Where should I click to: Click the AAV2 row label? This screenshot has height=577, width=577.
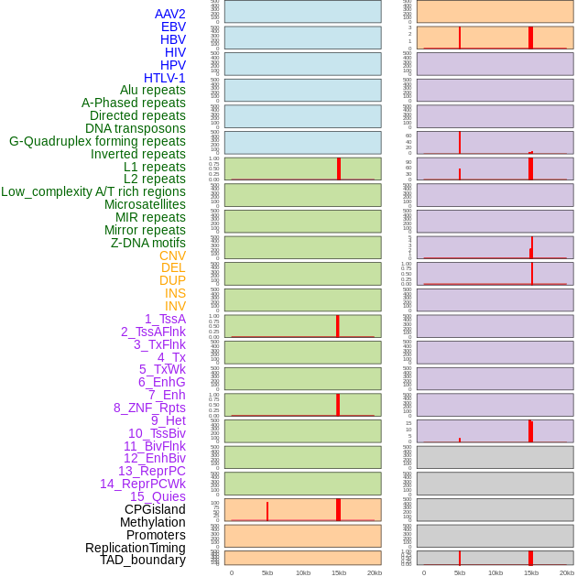pos(169,14)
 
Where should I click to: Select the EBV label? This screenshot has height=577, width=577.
pos(173,27)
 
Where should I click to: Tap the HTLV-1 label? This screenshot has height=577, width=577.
pos(164,78)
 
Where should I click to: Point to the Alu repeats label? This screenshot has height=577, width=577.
pos(152,90)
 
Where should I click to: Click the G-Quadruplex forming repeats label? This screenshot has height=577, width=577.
pos(97,141)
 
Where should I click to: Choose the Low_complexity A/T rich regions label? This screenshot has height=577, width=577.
pos(93,191)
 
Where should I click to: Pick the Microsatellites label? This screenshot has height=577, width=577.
pos(145,204)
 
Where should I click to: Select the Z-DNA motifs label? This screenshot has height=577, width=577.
pos(147,243)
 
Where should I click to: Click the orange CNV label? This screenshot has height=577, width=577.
pos(172,256)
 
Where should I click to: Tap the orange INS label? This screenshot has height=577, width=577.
pos(175,293)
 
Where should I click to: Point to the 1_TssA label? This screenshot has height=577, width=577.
pos(165,319)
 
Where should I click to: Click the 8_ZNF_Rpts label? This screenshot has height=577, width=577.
pos(149,408)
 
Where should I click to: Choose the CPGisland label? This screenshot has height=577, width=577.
pos(155,509)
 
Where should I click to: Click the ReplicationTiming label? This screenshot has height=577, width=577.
pos(135,548)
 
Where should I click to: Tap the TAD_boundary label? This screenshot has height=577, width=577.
pos(143,560)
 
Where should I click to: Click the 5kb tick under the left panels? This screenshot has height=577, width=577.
pos(267,572)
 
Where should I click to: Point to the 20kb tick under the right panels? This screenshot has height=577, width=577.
pos(567,572)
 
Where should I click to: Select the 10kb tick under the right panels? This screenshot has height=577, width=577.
pos(495,572)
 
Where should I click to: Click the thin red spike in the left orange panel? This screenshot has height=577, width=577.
pos(267,511)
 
